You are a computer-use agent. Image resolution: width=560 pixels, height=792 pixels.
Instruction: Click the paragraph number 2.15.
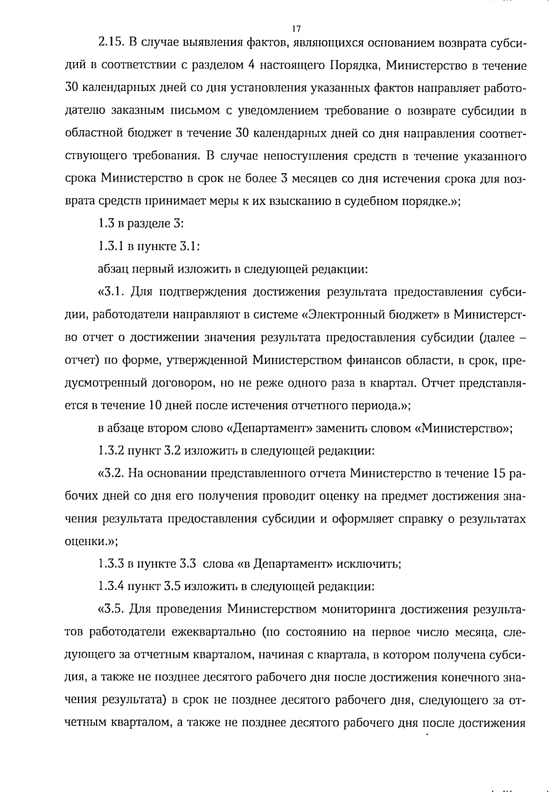(x=110, y=43)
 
